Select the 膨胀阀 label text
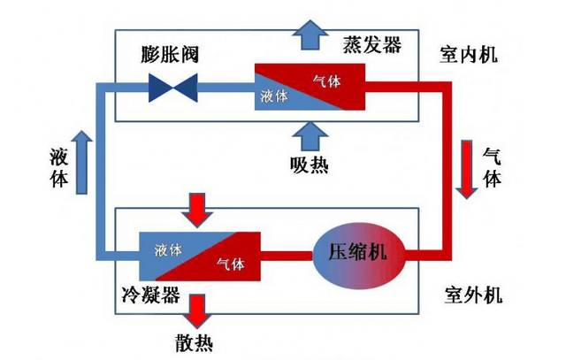tap(169, 53)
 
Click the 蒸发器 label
tap(371, 44)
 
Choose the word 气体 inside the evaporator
tap(327, 81)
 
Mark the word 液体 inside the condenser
tap(167, 249)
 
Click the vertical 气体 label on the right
tap(491, 166)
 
